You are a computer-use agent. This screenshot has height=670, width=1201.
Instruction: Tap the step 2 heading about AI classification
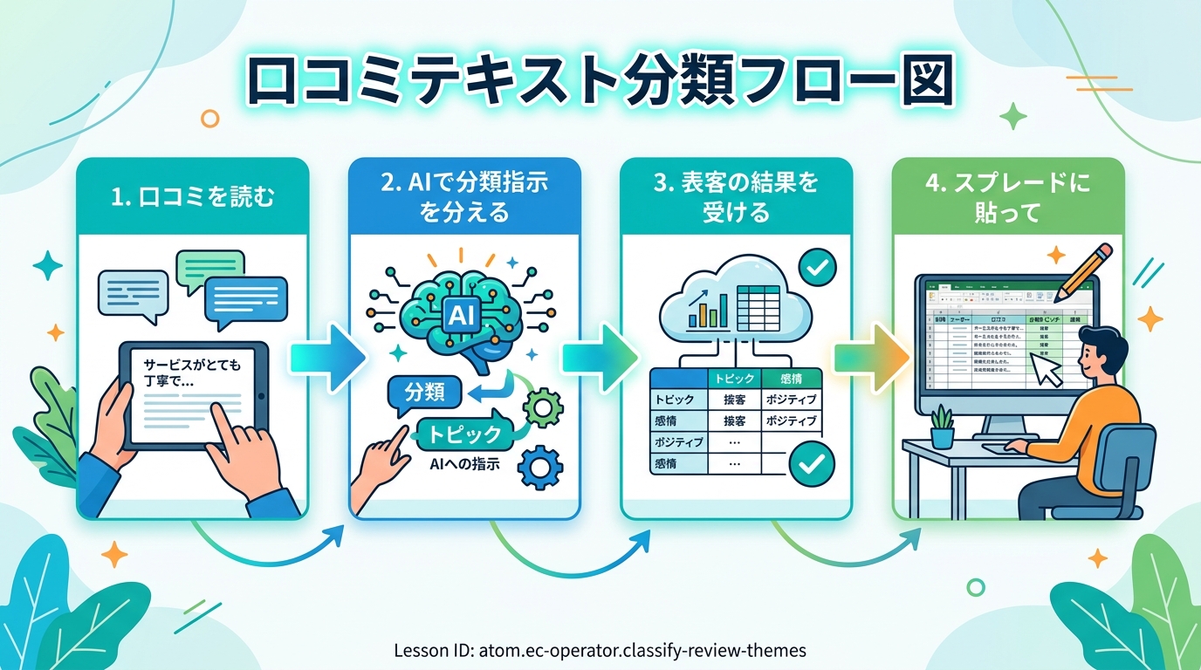(464, 197)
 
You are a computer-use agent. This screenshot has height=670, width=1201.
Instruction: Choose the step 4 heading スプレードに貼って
(1009, 197)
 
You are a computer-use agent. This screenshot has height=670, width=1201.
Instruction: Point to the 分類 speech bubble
(425, 393)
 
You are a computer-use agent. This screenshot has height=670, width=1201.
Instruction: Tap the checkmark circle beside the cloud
(817, 269)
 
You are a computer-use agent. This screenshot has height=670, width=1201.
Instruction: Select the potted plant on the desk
(942, 427)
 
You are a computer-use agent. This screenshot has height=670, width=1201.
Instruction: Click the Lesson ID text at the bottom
(600, 650)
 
